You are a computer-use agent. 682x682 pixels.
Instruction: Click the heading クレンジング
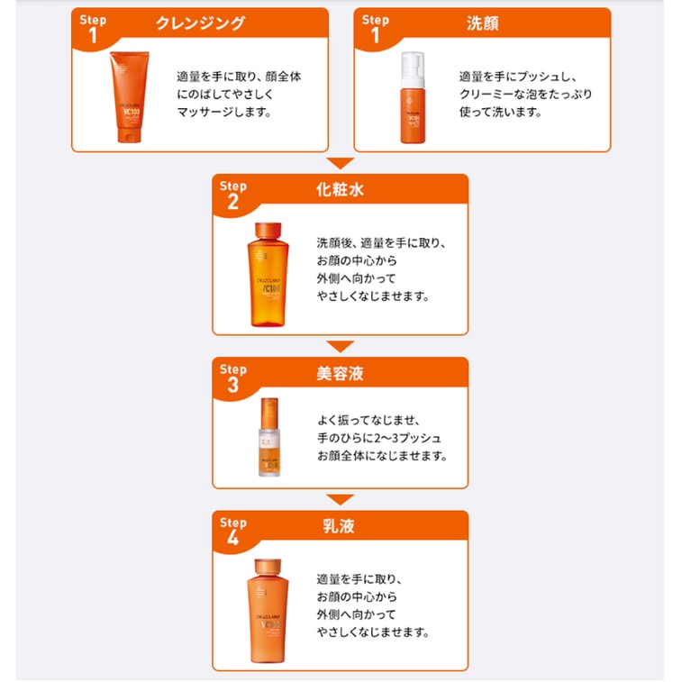(x=200, y=23)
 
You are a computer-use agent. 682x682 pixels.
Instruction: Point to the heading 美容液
(x=341, y=373)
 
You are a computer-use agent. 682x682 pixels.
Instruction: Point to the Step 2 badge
(x=233, y=194)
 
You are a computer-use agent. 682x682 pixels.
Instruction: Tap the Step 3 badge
(x=233, y=376)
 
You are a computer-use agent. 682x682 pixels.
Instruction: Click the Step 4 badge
(x=233, y=530)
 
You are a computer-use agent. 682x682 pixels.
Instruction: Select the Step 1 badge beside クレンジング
(x=93, y=27)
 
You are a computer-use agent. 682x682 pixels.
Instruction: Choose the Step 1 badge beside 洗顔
(x=375, y=27)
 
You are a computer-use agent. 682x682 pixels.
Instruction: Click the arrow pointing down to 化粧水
(x=340, y=163)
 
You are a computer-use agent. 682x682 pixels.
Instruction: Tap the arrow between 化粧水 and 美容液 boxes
(x=340, y=346)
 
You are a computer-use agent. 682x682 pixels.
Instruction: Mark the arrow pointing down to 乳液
(x=340, y=499)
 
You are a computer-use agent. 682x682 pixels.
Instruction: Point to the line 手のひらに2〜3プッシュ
(x=378, y=438)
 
